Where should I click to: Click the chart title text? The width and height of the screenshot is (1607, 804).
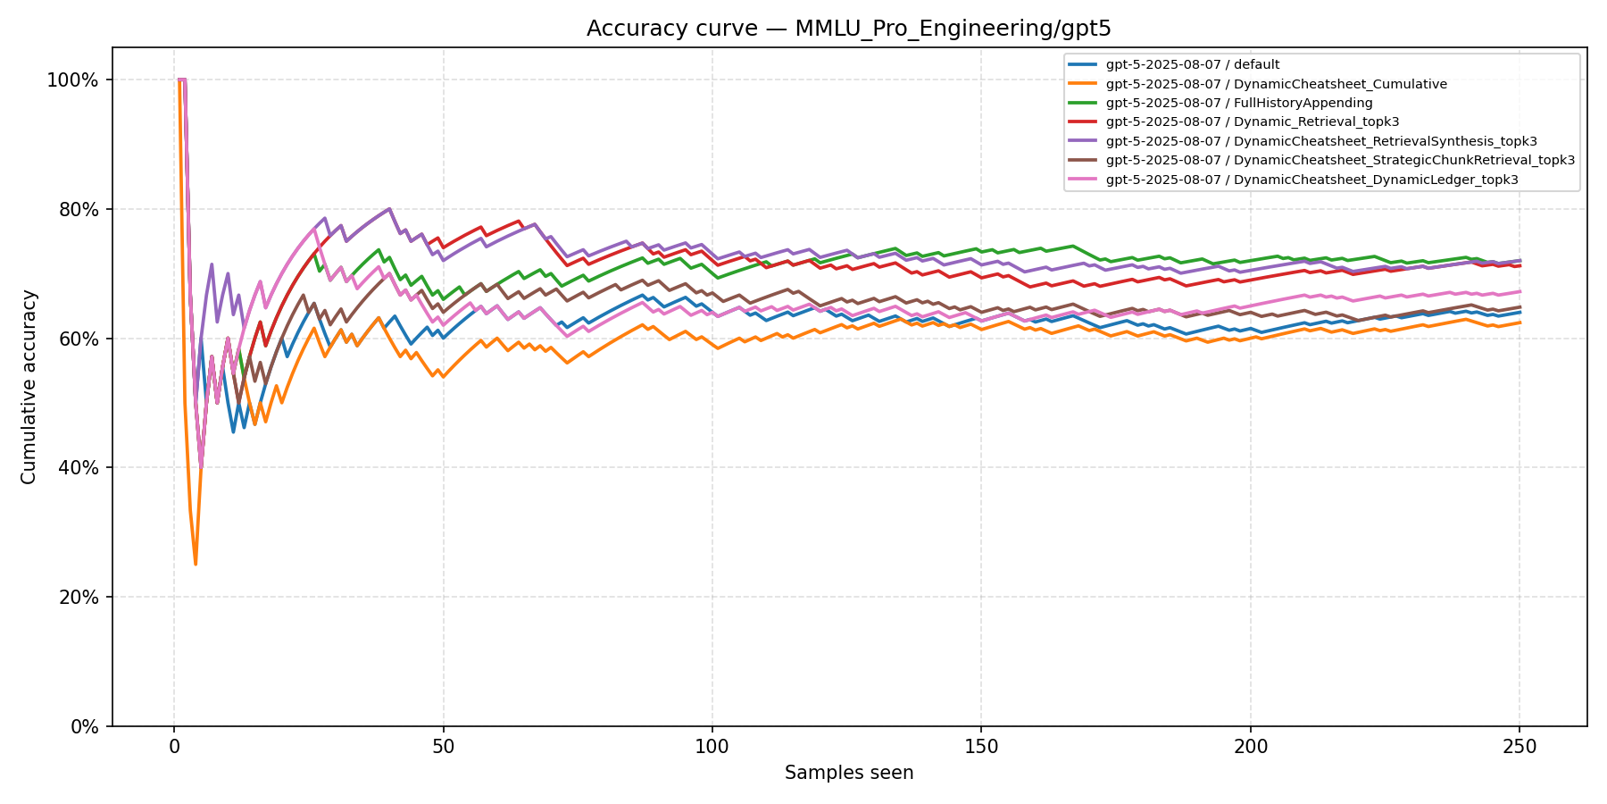pyautogui.click(x=848, y=29)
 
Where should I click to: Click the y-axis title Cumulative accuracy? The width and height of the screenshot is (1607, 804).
pyautogui.click(x=29, y=387)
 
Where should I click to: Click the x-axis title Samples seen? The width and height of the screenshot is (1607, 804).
pyautogui.click(x=849, y=773)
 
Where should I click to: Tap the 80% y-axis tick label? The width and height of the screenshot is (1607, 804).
pyautogui.click(x=78, y=210)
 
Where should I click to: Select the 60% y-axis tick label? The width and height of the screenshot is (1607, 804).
pyautogui.click(x=78, y=339)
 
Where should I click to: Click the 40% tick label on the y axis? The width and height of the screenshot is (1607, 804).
pyautogui.click(x=78, y=468)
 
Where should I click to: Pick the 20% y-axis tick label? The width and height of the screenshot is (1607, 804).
pyautogui.click(x=78, y=598)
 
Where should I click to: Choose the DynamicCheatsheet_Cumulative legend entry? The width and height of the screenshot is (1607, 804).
pyautogui.click(x=1276, y=84)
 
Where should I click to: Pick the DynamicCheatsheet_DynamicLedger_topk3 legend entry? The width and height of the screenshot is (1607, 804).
pyautogui.click(x=1311, y=180)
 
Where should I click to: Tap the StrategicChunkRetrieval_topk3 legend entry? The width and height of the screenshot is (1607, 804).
pyautogui.click(x=1339, y=161)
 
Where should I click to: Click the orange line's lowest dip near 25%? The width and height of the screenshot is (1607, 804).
pyautogui.click(x=196, y=564)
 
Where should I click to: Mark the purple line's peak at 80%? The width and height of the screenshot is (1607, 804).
pyautogui.click(x=389, y=209)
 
